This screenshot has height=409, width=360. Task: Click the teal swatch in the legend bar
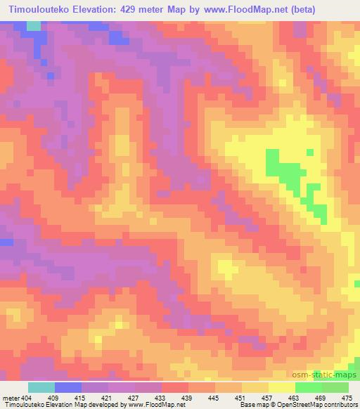pos(41,387)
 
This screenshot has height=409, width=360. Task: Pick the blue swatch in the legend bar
pos(68,387)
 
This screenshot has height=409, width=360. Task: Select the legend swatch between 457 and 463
pos(282,387)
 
